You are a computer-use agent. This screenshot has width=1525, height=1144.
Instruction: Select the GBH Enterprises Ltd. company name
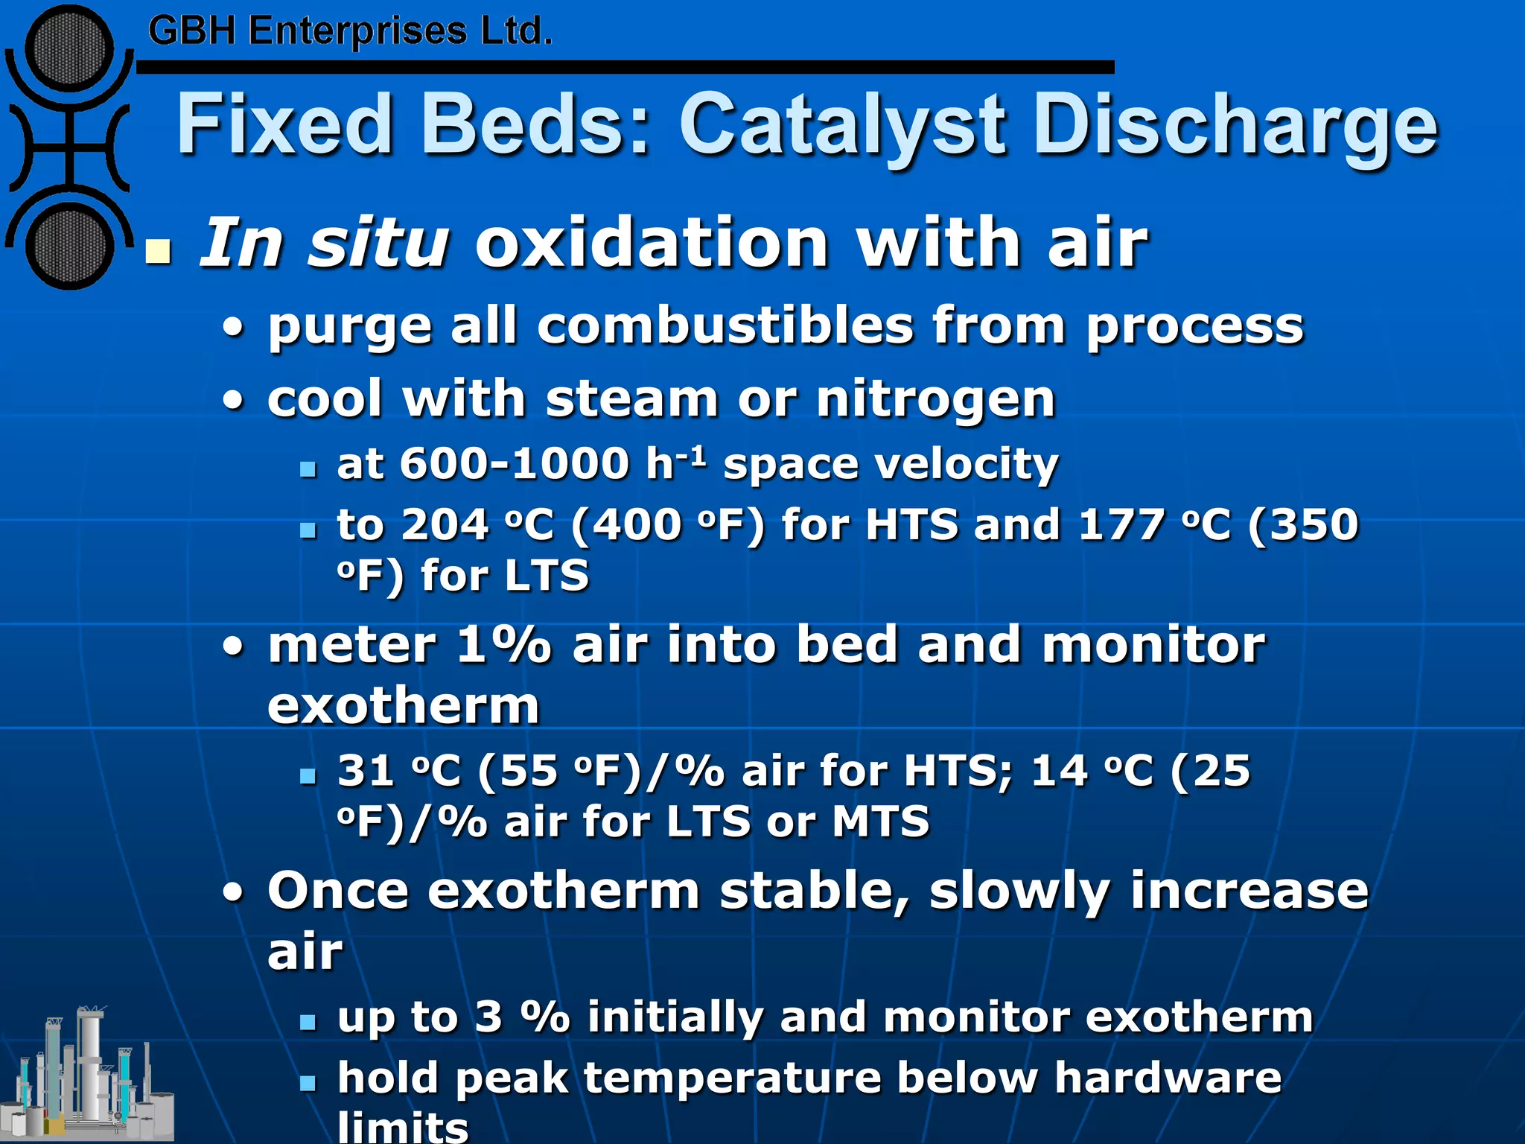(x=350, y=32)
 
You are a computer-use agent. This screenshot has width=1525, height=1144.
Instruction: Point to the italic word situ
(x=379, y=242)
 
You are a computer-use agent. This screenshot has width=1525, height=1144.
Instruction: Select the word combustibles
(x=725, y=326)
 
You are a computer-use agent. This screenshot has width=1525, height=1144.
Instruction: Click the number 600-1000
(x=515, y=463)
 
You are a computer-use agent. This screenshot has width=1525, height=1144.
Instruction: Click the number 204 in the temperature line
(x=445, y=524)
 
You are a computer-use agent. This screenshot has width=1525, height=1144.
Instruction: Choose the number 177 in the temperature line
(x=1121, y=524)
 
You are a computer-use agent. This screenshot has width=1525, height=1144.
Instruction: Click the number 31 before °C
(x=366, y=770)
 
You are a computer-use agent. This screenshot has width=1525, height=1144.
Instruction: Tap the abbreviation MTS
(x=881, y=821)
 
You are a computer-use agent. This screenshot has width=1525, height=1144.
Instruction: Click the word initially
(x=675, y=1017)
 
